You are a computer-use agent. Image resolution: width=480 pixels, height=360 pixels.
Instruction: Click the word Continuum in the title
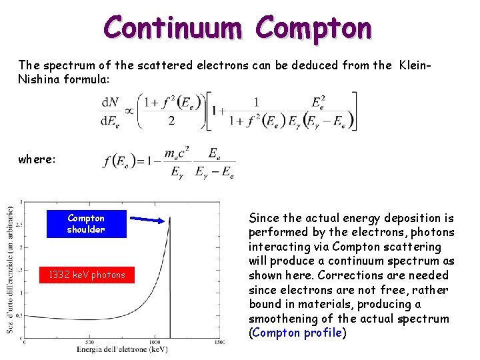[175, 28]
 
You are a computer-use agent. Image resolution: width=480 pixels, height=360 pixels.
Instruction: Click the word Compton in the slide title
[313, 28]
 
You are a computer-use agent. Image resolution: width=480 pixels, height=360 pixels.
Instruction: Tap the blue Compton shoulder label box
[86, 224]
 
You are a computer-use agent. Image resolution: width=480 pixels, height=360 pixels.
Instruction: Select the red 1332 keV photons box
[86, 275]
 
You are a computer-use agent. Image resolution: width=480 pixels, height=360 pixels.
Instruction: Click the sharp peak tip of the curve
[170, 216]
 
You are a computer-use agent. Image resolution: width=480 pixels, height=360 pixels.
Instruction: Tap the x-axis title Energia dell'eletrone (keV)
[122, 349]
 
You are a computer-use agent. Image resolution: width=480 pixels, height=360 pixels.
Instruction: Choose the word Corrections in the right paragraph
[342, 275]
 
